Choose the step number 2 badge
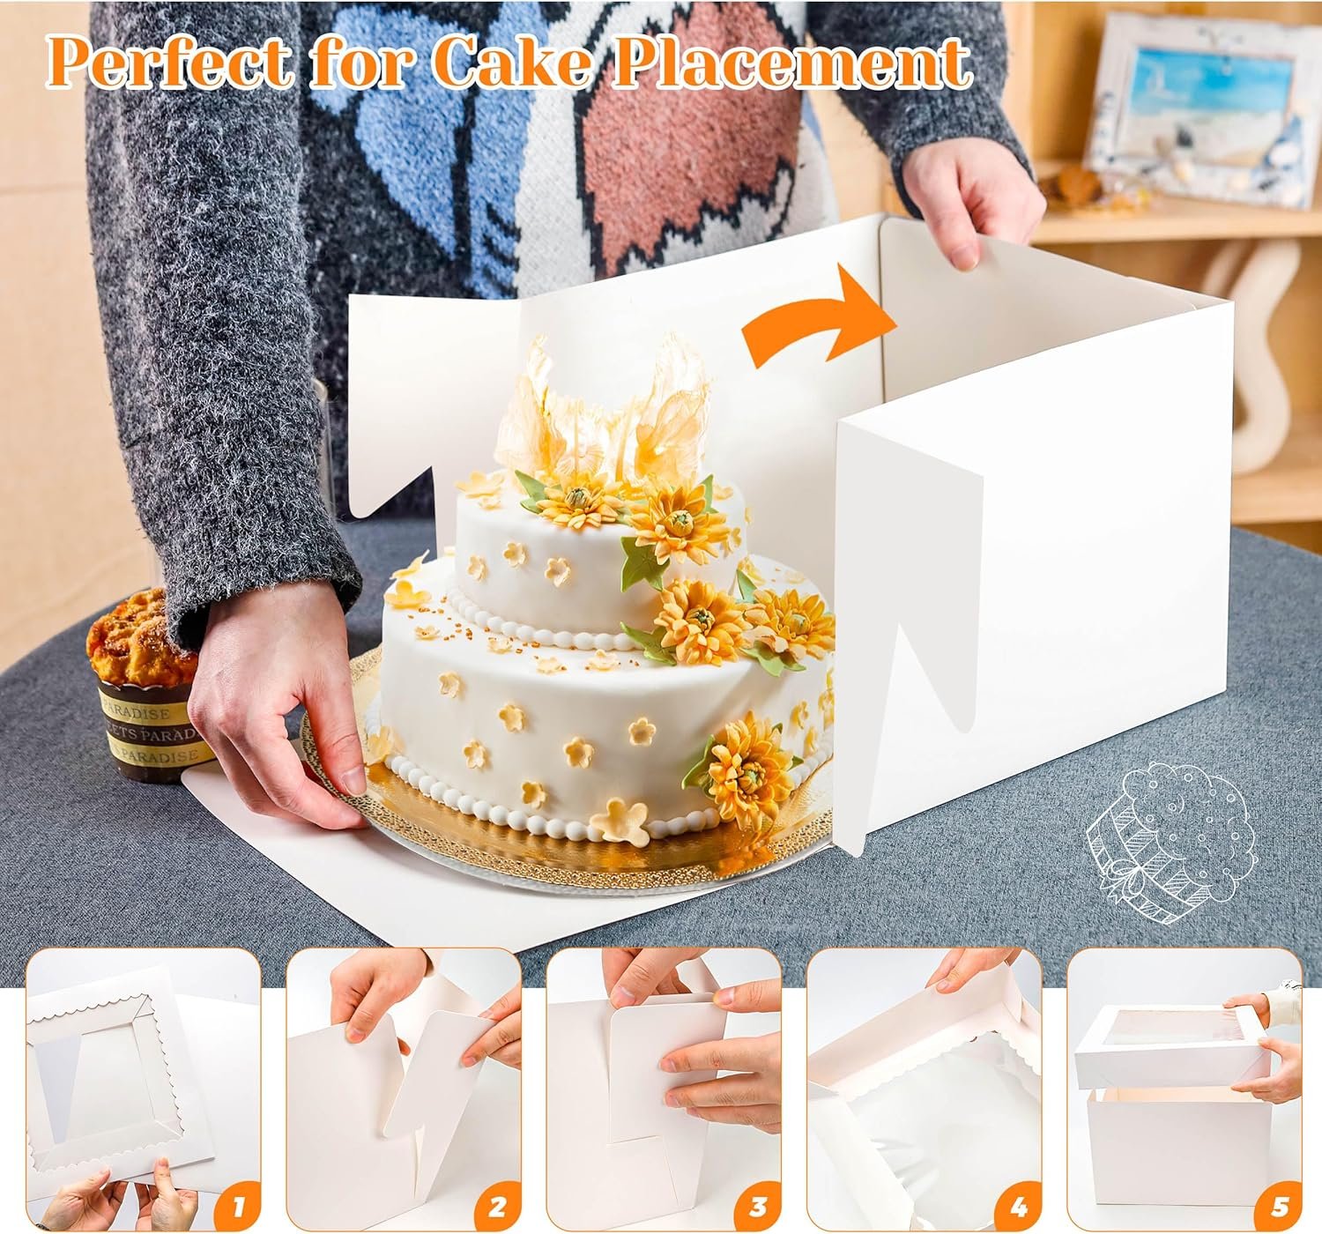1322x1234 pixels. coord(497,1204)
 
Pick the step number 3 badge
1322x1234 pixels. coord(758,1204)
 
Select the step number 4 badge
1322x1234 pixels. coord(1019,1204)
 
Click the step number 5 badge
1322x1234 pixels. coord(1280,1204)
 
